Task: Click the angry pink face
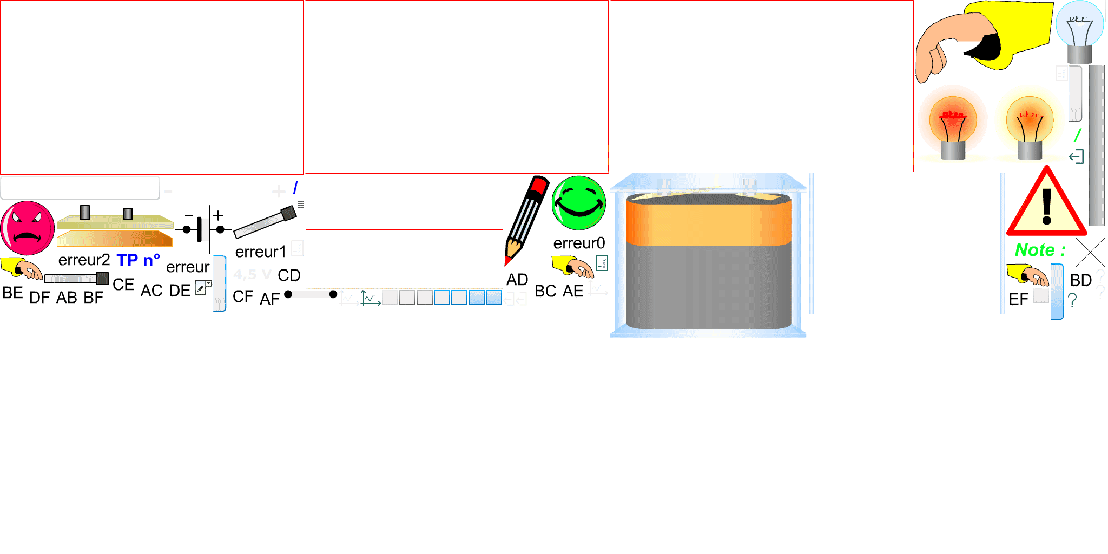pyautogui.click(x=27, y=228)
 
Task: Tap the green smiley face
pyautogui.click(x=579, y=203)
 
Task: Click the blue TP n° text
pyautogui.click(x=138, y=260)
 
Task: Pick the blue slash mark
pyautogui.click(x=295, y=188)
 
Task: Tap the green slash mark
pyautogui.click(x=1078, y=135)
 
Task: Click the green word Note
pyautogui.click(x=1034, y=250)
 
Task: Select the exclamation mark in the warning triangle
pyautogui.click(x=1047, y=206)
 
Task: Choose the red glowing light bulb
pyautogui.click(x=953, y=122)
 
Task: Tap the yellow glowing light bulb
pyautogui.click(x=1029, y=122)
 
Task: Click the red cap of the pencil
pyautogui.click(x=539, y=186)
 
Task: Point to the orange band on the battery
pyautogui.click(x=709, y=224)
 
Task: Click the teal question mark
pyautogui.click(x=1072, y=300)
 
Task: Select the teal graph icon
pyautogui.click(x=371, y=298)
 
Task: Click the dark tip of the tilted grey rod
pyautogui.click(x=289, y=213)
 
